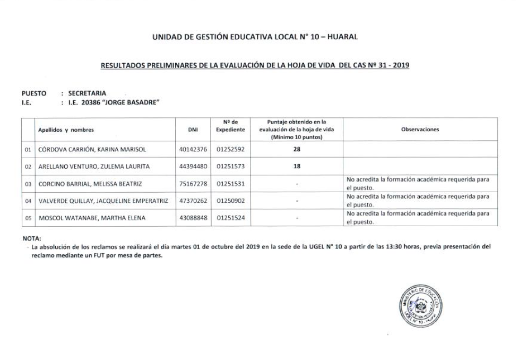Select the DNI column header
tap(193, 130)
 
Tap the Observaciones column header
tap(420, 130)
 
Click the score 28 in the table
tap(297, 150)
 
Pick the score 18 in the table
tap(297, 166)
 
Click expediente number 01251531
tap(230, 184)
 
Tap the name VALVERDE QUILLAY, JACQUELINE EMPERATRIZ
tap(103, 201)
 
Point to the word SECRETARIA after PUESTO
tap(87, 93)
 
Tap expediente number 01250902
tap(230, 201)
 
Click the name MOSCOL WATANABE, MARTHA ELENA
tap(84, 218)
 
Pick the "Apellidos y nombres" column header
tap(66, 130)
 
